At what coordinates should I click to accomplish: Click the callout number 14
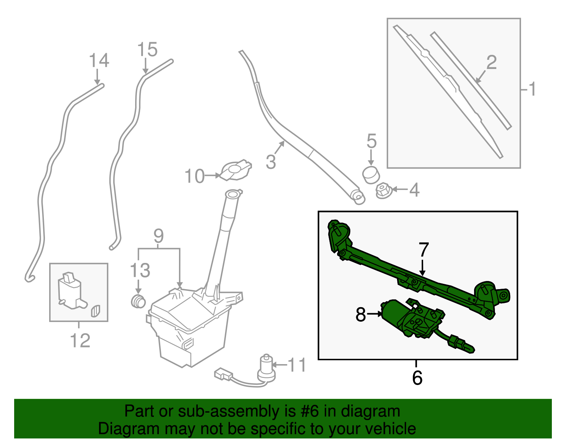tap(99, 61)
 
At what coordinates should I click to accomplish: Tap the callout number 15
tap(147, 50)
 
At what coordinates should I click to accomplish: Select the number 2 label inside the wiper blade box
tap(491, 62)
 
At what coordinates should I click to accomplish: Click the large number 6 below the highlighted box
tap(417, 378)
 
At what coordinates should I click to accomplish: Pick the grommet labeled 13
tap(138, 301)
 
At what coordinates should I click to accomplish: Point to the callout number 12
tap(80, 341)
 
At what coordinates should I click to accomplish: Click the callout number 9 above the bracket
tap(158, 236)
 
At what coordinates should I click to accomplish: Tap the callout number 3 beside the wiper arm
tap(271, 162)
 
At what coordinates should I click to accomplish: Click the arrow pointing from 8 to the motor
tap(374, 314)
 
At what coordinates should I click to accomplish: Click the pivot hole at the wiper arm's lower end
tap(357, 195)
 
